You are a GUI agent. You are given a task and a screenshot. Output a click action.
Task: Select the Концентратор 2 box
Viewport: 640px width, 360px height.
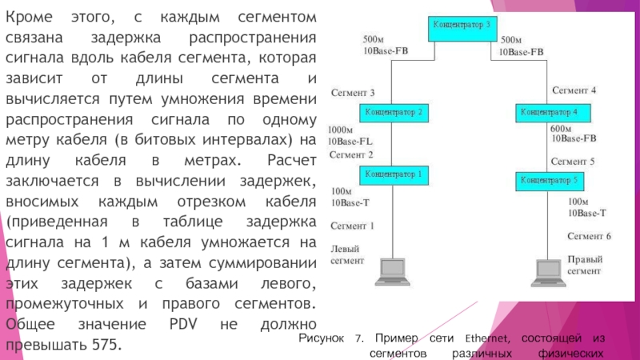point(395,112)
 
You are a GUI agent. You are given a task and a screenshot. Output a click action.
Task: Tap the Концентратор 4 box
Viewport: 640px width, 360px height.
point(554,111)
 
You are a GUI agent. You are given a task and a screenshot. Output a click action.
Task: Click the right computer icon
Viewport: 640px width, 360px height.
point(548,273)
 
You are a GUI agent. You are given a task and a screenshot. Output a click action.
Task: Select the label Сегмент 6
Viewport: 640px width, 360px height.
point(589,236)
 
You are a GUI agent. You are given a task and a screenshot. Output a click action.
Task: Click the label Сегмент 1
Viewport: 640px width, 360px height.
point(351,226)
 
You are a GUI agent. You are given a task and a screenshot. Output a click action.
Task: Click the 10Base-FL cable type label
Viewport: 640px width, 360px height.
point(351,142)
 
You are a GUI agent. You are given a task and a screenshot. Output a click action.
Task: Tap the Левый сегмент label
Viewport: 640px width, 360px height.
point(347,254)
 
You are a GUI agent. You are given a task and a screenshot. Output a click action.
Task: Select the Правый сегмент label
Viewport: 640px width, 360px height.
point(585,266)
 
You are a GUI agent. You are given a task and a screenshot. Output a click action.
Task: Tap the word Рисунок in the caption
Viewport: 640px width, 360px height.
point(322,339)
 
